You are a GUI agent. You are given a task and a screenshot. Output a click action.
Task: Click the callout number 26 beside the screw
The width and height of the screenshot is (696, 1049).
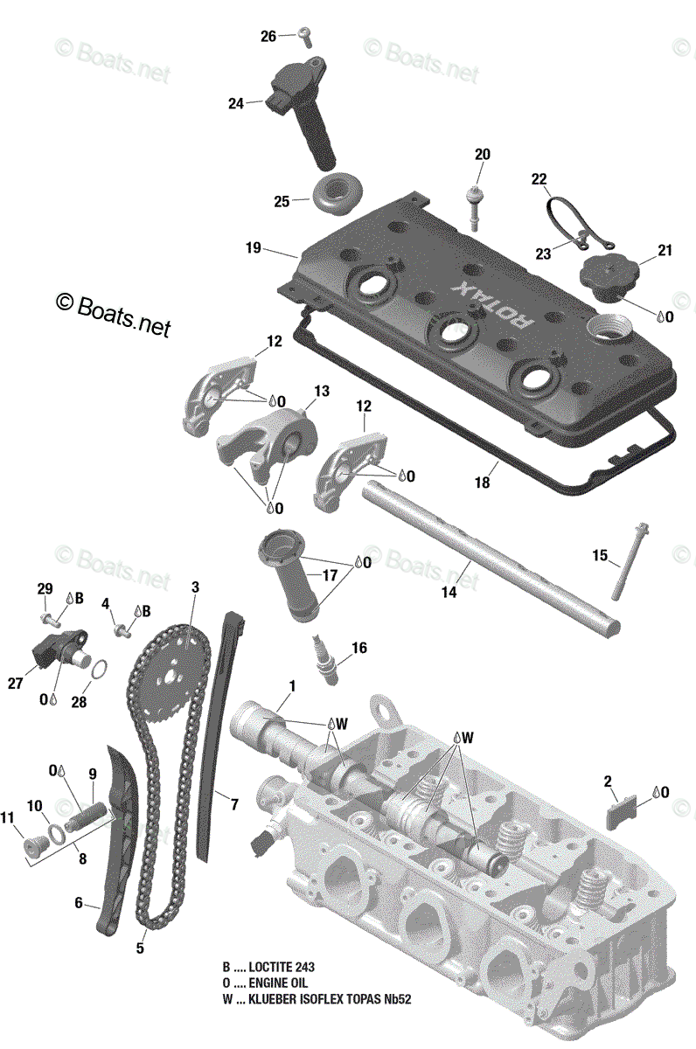(x=268, y=36)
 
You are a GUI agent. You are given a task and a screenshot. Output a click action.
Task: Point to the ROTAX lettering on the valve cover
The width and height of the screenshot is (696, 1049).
(x=491, y=304)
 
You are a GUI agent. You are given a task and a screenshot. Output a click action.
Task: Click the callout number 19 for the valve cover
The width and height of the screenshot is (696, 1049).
(x=254, y=247)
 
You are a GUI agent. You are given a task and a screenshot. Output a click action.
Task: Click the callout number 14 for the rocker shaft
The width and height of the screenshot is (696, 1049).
(x=449, y=592)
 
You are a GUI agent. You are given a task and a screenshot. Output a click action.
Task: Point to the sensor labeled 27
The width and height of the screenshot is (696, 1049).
(x=61, y=648)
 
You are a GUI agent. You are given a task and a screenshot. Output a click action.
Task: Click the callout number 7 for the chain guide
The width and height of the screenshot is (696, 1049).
(x=234, y=804)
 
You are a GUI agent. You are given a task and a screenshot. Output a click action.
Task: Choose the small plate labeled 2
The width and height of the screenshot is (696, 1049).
(x=618, y=814)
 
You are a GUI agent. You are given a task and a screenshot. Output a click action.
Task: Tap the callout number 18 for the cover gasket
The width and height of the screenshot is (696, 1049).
(x=482, y=482)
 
